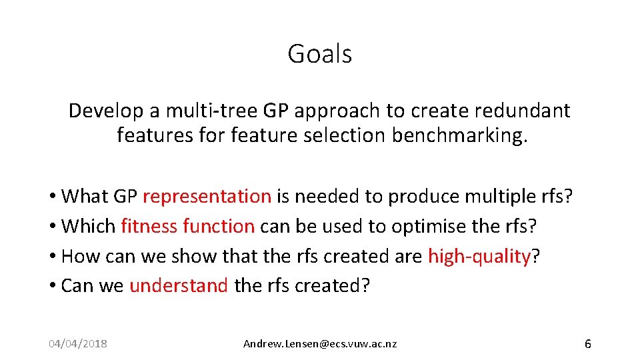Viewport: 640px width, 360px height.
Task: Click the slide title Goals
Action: tap(319, 53)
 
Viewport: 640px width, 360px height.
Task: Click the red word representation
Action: tap(207, 197)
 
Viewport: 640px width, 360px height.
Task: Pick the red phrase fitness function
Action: tap(187, 226)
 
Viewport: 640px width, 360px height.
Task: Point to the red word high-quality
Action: tap(479, 256)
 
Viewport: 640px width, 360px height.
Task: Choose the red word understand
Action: tap(179, 285)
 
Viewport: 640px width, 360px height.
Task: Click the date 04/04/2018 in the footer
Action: tap(78, 344)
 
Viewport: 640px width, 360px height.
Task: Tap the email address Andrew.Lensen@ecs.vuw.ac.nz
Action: tap(320, 344)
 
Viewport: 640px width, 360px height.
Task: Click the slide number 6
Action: tap(587, 344)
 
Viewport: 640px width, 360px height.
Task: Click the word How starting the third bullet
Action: tap(79, 256)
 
